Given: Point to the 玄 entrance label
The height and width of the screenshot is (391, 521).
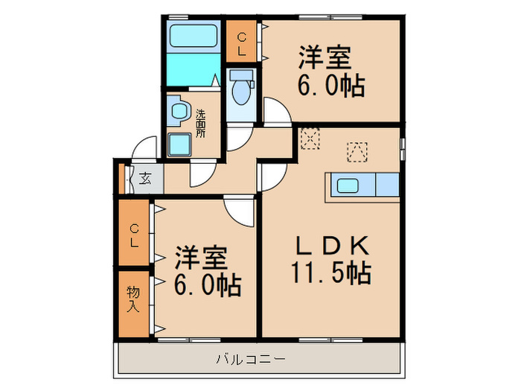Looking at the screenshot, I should [144, 179].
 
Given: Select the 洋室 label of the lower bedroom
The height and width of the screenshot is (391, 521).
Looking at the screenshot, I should [200, 258].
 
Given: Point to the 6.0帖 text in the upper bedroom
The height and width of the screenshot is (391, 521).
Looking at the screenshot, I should [331, 86].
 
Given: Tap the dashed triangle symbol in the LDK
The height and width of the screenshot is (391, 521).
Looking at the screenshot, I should [357, 150].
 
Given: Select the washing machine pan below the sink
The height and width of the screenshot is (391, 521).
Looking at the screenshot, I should [179, 144].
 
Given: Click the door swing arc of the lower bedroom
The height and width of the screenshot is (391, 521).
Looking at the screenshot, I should [240, 212].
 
